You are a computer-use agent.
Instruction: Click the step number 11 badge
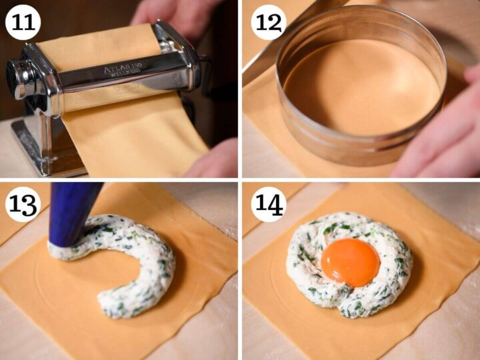pyautogui.click(x=23, y=23)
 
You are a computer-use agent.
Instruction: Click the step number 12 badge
pyautogui.click(x=268, y=23)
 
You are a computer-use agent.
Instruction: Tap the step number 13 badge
pyautogui.click(x=23, y=204)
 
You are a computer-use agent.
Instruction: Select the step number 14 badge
pyautogui.click(x=268, y=204)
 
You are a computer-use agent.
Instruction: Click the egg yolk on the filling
pyautogui.click(x=350, y=262)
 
